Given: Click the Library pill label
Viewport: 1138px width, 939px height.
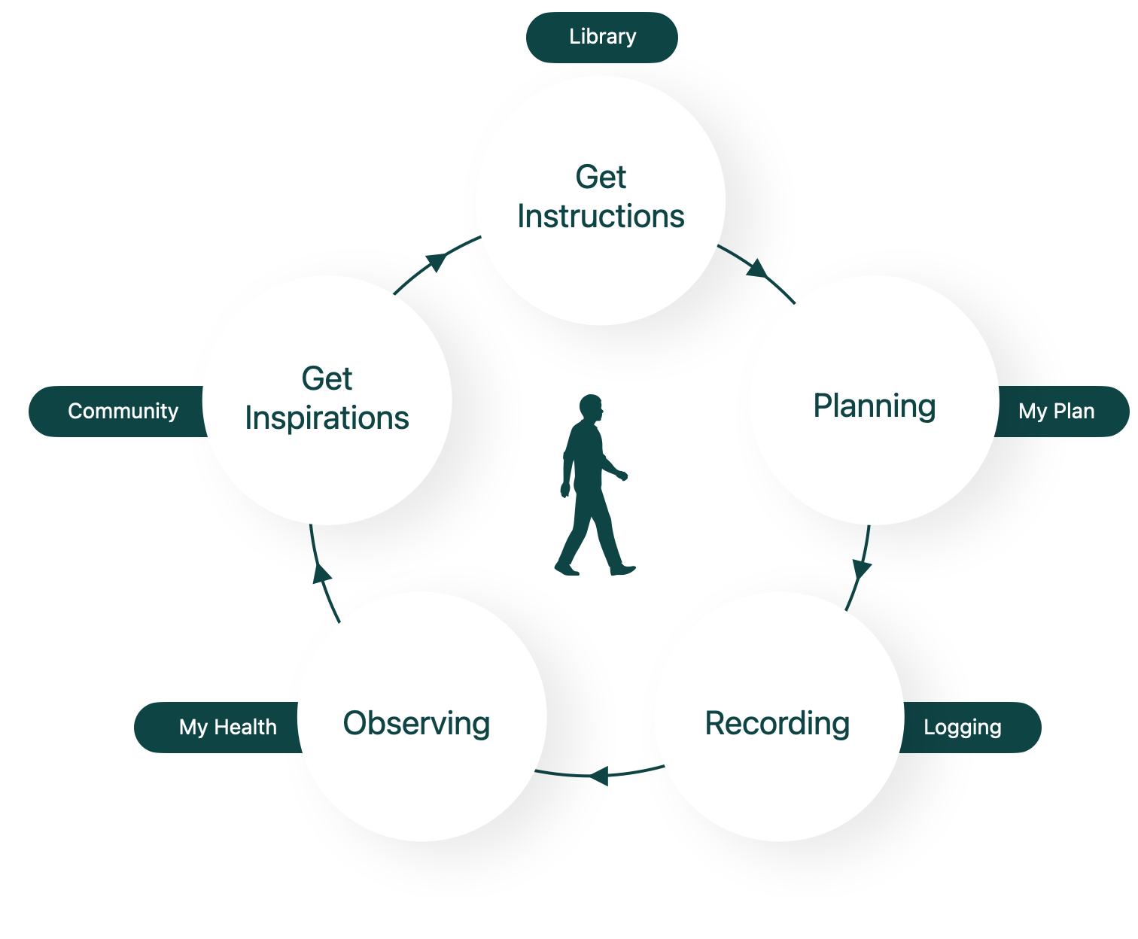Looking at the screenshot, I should [x=602, y=37].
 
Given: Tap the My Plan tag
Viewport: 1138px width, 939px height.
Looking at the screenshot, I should [x=1057, y=412].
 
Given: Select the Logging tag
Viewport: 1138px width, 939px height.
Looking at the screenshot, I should [x=963, y=728].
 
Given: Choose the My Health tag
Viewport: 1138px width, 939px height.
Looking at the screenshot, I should [x=227, y=728].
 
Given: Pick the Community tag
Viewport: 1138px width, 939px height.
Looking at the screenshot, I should [x=123, y=412].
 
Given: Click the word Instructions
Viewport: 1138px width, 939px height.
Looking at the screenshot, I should [x=601, y=217].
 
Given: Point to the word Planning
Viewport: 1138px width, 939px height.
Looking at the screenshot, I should [x=875, y=406].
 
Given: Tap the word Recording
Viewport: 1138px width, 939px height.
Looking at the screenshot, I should [x=777, y=724].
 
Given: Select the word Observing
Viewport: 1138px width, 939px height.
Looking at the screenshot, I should [x=417, y=724].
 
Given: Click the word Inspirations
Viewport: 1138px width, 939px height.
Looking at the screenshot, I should [x=327, y=418].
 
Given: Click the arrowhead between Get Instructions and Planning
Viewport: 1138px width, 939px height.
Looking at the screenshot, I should [x=757, y=269].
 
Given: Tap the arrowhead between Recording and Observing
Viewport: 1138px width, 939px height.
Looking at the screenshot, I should [x=599, y=775].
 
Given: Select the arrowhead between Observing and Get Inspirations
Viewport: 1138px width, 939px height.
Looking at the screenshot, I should [x=322, y=573].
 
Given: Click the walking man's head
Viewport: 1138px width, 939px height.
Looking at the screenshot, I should [x=592, y=408].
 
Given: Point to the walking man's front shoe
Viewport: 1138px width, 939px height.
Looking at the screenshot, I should [x=623, y=570].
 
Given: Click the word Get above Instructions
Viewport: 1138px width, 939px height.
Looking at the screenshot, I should [x=601, y=178].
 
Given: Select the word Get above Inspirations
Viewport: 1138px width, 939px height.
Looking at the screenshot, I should [x=327, y=378].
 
